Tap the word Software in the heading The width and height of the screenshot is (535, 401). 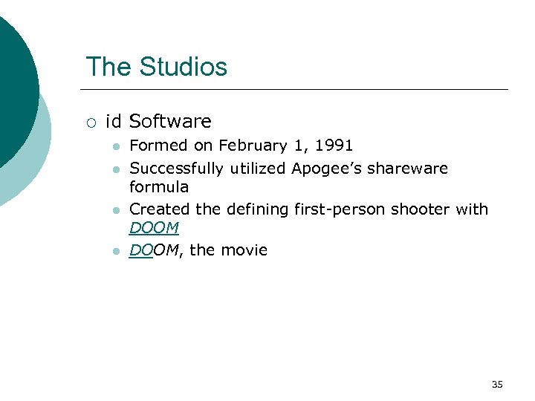pyautogui.click(x=170, y=121)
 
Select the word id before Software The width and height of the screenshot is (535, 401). pyautogui.click(x=114, y=121)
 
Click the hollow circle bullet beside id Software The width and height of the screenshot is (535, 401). pyautogui.click(x=90, y=122)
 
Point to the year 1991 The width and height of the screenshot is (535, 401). pyautogui.click(x=335, y=146)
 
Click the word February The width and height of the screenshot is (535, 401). pyautogui.click(x=250, y=146)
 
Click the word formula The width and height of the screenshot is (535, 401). pyautogui.click(x=159, y=186)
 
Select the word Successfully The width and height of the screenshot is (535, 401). pyautogui.click(x=177, y=168)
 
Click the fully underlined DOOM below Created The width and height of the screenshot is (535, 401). pyautogui.click(x=154, y=228)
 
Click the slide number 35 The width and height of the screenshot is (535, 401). pyautogui.click(x=497, y=384)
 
